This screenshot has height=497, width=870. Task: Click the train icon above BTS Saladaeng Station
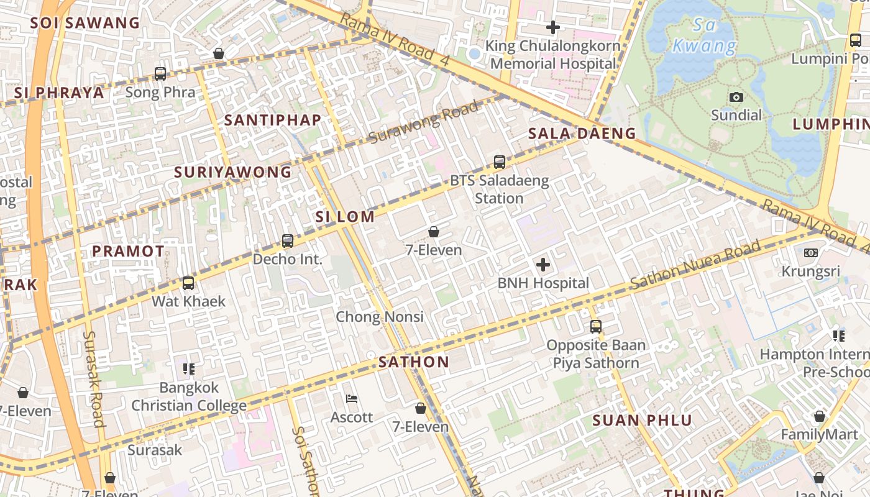(x=499, y=162)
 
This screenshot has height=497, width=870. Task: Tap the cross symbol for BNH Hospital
(x=543, y=265)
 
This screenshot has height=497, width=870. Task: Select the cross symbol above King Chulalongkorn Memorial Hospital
(x=552, y=27)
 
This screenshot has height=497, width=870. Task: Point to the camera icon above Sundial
(x=736, y=97)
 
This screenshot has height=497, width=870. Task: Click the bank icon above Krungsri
(x=810, y=253)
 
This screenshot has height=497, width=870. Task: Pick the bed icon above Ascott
(x=352, y=399)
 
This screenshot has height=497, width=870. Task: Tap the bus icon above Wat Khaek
(x=188, y=283)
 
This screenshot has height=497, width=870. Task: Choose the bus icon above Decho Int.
(x=287, y=240)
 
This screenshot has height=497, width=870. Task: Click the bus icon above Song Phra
(x=160, y=74)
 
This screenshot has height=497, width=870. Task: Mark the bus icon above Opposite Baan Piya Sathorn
(x=595, y=326)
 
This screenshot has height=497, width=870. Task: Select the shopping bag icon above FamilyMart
(x=819, y=416)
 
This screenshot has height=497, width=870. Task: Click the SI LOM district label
(x=345, y=217)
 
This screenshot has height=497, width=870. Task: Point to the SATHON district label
(x=414, y=362)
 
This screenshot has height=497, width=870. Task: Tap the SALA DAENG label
(x=582, y=134)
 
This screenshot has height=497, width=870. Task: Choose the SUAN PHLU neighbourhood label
(x=642, y=421)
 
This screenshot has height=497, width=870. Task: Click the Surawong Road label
(x=424, y=122)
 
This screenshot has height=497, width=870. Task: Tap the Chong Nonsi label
(x=380, y=317)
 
